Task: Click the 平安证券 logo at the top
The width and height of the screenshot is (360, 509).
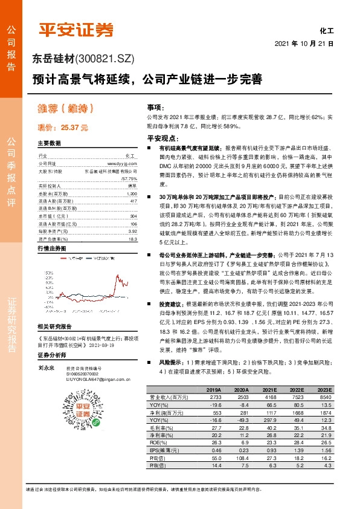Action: [x=76, y=30]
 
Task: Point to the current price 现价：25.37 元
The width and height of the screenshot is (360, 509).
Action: [x=63, y=128]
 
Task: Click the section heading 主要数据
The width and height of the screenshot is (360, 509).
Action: [x=49, y=143]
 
